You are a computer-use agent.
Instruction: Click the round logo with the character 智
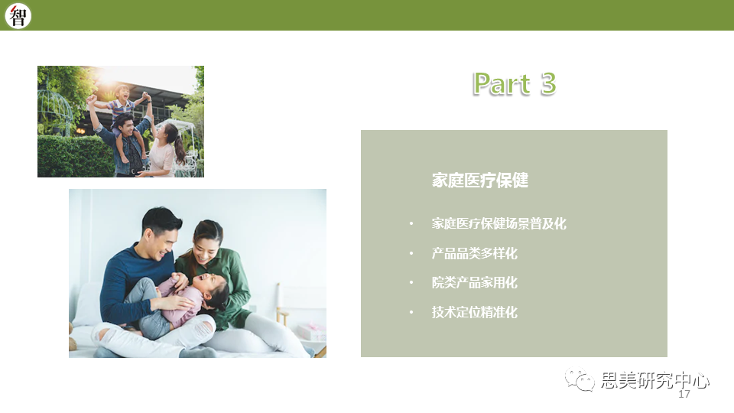(18, 15)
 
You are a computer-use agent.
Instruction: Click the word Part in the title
(502, 84)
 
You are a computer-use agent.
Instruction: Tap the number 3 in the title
(548, 84)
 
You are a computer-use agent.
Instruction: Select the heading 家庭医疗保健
(480, 180)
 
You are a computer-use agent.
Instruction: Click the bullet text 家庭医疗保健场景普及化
(499, 223)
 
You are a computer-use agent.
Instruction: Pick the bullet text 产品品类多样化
(474, 253)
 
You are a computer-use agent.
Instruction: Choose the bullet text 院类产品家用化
(474, 282)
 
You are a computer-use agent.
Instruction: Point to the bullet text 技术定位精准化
(474, 312)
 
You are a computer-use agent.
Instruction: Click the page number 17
(684, 395)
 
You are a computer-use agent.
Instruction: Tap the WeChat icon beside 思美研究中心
(580, 379)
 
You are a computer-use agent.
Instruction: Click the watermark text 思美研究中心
(655, 380)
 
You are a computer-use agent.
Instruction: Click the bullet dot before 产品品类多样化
(411, 253)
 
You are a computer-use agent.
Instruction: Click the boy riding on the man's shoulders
(122, 108)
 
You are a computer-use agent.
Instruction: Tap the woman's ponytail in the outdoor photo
(180, 149)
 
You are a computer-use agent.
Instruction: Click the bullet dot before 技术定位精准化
(411, 312)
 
